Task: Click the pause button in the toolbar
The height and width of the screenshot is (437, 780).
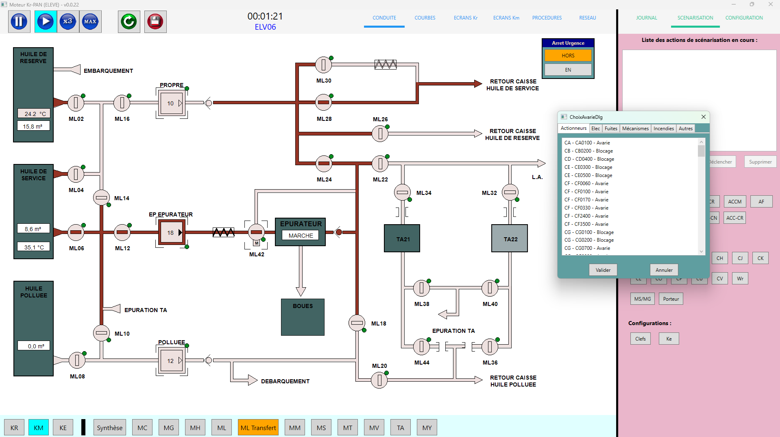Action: (x=19, y=22)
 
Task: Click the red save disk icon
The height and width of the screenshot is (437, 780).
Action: (x=155, y=22)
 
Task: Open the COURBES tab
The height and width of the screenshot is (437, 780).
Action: (x=425, y=18)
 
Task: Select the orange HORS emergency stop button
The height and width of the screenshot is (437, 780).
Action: (x=568, y=56)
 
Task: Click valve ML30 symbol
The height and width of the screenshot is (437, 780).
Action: (x=323, y=64)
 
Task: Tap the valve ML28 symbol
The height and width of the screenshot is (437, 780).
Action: (x=324, y=103)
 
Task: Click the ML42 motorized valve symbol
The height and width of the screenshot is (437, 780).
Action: (x=256, y=232)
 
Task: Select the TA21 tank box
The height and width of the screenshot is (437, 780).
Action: (x=402, y=238)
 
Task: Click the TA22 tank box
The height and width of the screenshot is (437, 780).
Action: (x=510, y=238)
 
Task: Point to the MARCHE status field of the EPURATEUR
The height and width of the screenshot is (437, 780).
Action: (x=301, y=236)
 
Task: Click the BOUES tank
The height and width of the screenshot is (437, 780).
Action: (x=303, y=317)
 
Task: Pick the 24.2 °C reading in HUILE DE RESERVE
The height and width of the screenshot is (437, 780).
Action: (x=34, y=114)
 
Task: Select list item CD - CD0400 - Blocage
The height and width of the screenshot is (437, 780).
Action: (x=589, y=159)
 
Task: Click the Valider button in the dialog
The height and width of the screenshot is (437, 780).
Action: (x=603, y=270)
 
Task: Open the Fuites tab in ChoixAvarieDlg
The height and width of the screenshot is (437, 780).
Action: (x=610, y=129)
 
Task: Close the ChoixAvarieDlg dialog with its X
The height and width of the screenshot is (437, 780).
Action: (x=704, y=117)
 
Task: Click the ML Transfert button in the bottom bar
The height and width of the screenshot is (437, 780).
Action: (x=258, y=428)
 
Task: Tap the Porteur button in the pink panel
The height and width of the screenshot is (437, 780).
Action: (x=671, y=299)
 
